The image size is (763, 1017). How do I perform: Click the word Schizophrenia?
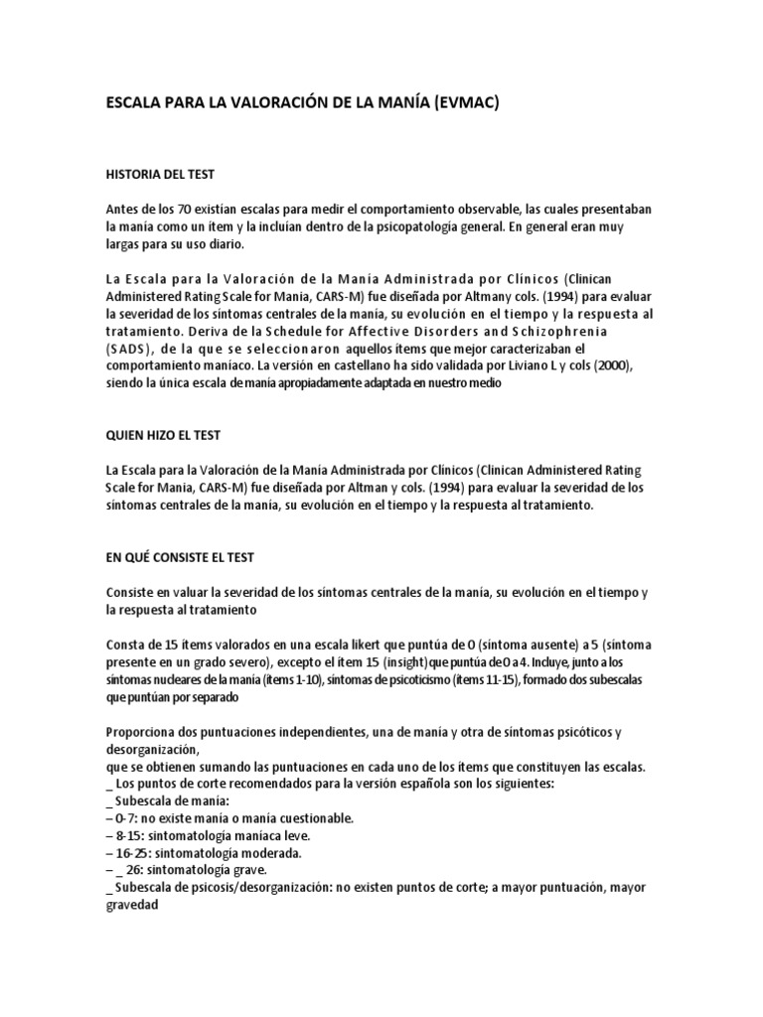click(x=579, y=331)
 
